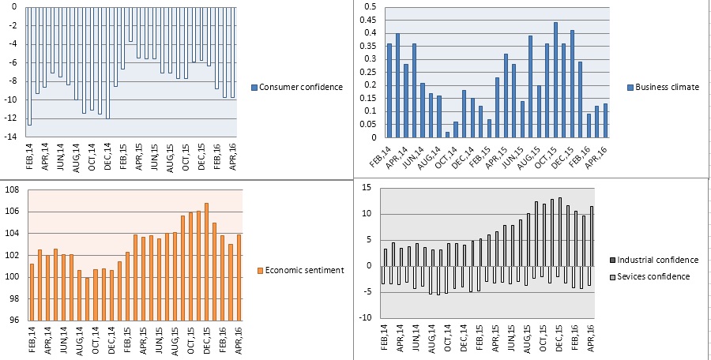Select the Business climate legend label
point(668,87)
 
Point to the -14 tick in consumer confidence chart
point(13,137)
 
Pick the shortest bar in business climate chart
point(447,135)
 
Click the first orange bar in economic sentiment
point(32,292)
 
